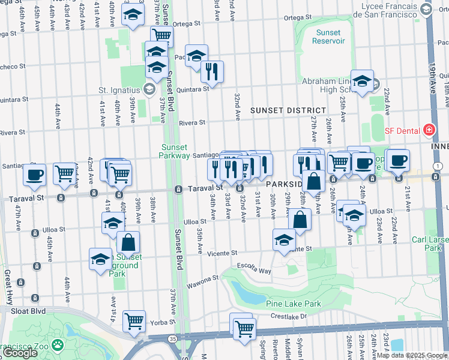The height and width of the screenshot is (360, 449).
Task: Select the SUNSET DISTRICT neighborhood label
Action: point(288,111)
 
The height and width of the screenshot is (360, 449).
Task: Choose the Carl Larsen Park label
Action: point(430,243)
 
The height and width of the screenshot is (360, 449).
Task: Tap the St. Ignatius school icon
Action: point(148,90)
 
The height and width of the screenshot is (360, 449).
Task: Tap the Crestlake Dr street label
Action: point(287,317)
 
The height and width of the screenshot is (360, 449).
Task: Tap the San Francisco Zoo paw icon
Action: point(58,345)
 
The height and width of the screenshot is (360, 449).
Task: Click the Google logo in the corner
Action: point(20,353)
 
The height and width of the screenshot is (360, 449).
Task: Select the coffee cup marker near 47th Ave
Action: point(35,175)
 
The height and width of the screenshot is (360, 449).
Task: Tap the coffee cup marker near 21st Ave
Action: point(397,160)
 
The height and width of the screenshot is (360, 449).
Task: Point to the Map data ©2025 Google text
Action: point(411,355)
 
